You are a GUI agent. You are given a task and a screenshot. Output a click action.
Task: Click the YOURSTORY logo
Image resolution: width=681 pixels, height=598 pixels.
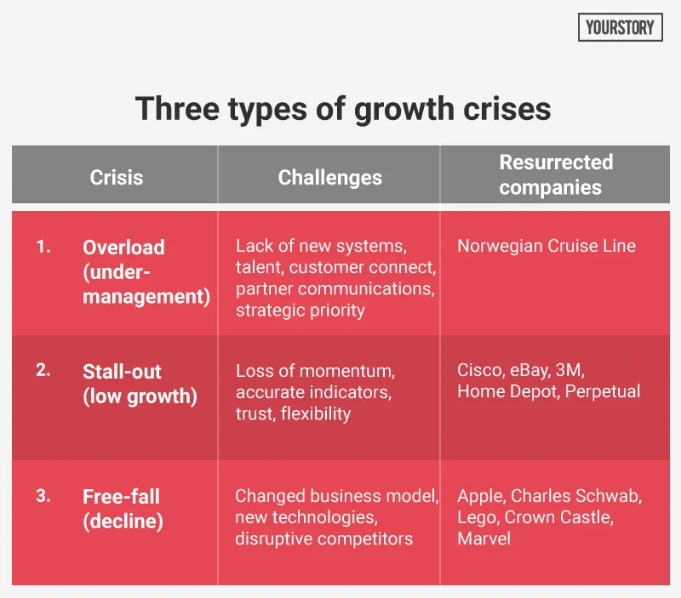620,27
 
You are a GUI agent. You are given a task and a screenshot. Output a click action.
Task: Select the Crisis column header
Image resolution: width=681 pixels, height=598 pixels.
117,178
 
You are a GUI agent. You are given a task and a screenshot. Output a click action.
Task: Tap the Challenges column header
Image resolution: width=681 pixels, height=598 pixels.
329,178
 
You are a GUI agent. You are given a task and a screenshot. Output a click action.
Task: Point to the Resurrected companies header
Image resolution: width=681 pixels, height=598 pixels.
556,174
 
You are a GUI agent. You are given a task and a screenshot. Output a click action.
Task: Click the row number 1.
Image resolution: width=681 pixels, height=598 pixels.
43,247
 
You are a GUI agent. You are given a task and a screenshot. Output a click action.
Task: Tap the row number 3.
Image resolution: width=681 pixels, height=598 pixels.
43,495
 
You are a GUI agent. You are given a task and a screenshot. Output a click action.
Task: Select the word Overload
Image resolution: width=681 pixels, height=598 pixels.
123,248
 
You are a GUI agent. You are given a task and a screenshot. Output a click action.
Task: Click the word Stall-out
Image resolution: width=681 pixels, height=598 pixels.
122,372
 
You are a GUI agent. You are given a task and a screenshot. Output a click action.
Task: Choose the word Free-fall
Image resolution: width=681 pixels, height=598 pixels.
121,497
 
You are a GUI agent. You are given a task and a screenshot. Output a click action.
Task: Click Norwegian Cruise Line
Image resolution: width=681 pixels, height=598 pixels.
547,247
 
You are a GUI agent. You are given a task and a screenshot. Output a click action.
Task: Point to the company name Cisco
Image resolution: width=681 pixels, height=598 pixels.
478,371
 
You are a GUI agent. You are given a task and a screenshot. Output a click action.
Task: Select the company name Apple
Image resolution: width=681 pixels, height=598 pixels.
479,496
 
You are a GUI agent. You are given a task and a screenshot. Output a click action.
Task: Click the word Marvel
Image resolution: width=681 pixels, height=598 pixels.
484,538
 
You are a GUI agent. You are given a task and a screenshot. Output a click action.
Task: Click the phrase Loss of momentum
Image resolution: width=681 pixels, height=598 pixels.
315,371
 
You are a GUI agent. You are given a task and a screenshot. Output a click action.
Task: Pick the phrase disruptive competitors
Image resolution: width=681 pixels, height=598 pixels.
323,538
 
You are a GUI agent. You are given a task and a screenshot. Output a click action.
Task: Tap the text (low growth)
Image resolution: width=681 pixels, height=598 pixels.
140,396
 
